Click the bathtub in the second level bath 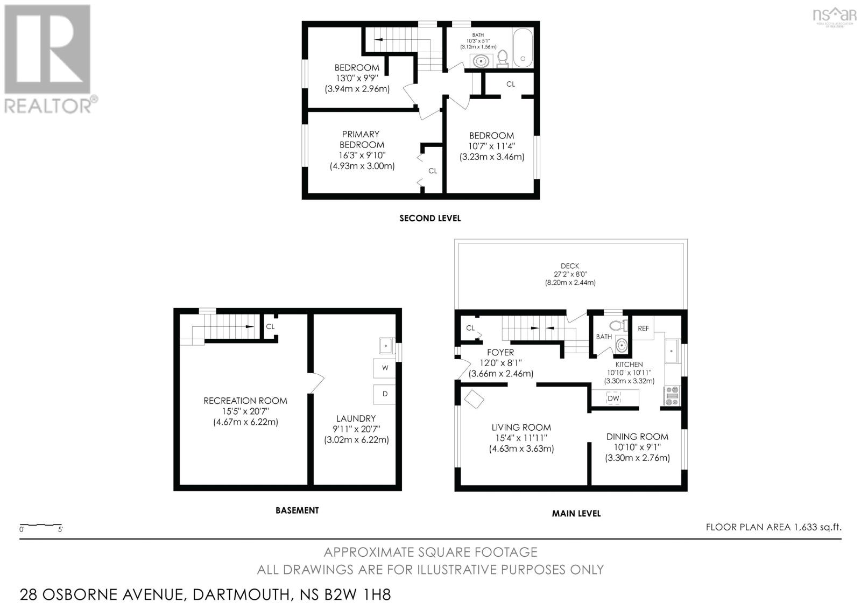(x=523, y=48)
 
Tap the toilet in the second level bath (x=503, y=57)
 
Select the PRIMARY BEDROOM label (x=362, y=139)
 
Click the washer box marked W (x=385, y=368)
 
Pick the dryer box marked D (x=385, y=394)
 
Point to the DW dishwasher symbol (x=613, y=398)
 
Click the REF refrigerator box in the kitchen (x=643, y=328)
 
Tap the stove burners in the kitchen (x=672, y=395)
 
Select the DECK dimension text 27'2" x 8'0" (x=570, y=274)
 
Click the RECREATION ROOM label (x=245, y=401)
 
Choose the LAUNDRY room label (x=356, y=418)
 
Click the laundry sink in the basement (x=386, y=344)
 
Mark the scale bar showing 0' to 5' (x=41, y=525)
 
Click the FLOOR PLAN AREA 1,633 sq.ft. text (x=773, y=527)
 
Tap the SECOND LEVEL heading (x=430, y=218)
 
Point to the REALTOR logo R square (x=47, y=49)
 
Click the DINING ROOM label (x=637, y=437)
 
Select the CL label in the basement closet (x=270, y=326)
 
